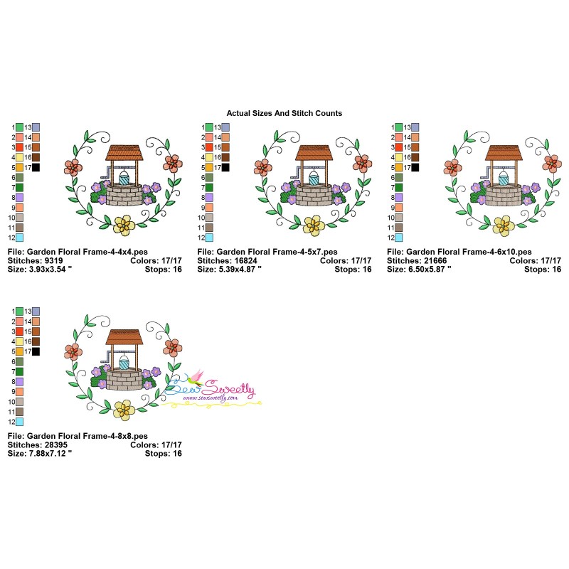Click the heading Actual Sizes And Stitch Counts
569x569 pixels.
pyautogui.click(x=284, y=113)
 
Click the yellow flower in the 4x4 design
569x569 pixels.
pyautogui.click(x=124, y=225)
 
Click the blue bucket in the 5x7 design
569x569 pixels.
pyautogui.click(x=314, y=179)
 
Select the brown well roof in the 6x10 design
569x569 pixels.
pyautogui.click(x=504, y=153)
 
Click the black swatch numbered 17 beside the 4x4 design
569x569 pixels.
pyautogui.click(x=36, y=167)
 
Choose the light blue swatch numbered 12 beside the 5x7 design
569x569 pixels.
pyautogui.click(x=210, y=238)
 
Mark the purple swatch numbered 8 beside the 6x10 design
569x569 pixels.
pyautogui.click(x=399, y=197)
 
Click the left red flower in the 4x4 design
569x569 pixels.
pyautogui.click(x=73, y=167)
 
